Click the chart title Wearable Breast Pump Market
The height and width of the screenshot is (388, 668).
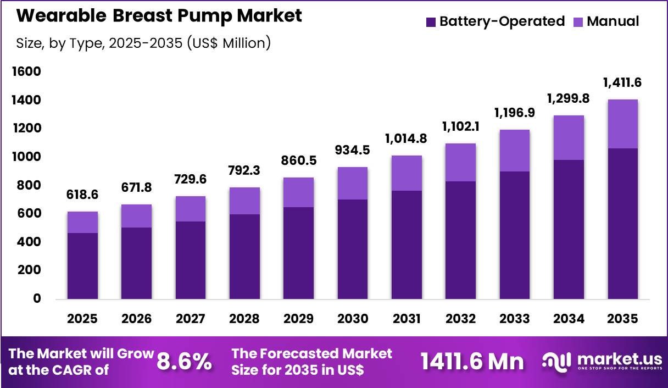pos(159,15)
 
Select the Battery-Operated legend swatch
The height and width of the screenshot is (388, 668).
pos(431,22)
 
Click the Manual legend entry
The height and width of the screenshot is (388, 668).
pos(613,21)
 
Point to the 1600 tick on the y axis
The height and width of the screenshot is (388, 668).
pos(26,71)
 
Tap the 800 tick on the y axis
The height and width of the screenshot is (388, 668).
pos(29,185)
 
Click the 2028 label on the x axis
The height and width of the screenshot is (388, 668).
pos(244,319)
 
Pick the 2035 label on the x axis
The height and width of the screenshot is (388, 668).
pos(622,319)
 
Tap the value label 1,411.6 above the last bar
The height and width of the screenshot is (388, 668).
pos(622,82)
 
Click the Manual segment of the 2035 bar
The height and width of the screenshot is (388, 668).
pos(622,124)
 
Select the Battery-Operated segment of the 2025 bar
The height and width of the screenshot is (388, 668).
pos(83,266)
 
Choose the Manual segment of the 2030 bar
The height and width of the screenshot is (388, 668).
pos(353,183)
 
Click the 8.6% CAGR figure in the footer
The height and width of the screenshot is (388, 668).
pos(185,361)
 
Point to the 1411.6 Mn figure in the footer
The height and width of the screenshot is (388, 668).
pos(472,361)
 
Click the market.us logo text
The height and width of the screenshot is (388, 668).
pos(619,358)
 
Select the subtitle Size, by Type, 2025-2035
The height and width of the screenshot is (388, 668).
pos(143,43)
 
